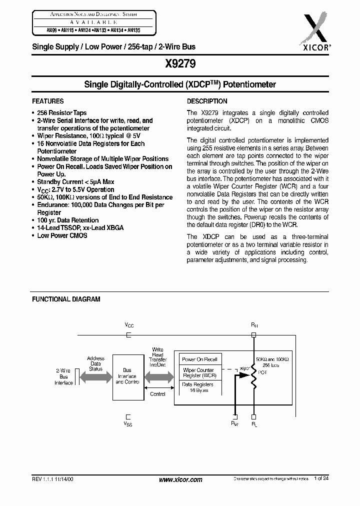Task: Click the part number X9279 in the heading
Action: pyautogui.click(x=179, y=64)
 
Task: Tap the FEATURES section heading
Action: pyautogui.click(x=48, y=101)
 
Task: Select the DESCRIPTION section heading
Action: pyautogui.click(x=207, y=101)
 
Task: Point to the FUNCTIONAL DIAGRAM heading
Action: pyautogui.click(x=66, y=299)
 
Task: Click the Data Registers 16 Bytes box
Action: pyautogui.click(x=198, y=387)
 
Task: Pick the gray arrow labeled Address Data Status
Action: pyautogui.click(x=95, y=369)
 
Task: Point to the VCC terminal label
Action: pyautogui.click(x=129, y=325)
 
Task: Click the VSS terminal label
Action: pyautogui.click(x=129, y=423)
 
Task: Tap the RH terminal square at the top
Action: pyautogui.click(x=254, y=335)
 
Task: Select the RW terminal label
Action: pyautogui.click(x=235, y=423)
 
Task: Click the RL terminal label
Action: pyautogui.click(x=254, y=423)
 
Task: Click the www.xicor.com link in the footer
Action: pyautogui.click(x=180, y=479)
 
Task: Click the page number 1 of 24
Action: pyautogui.click(x=321, y=479)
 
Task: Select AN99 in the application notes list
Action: pyautogui.click(x=38, y=29)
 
